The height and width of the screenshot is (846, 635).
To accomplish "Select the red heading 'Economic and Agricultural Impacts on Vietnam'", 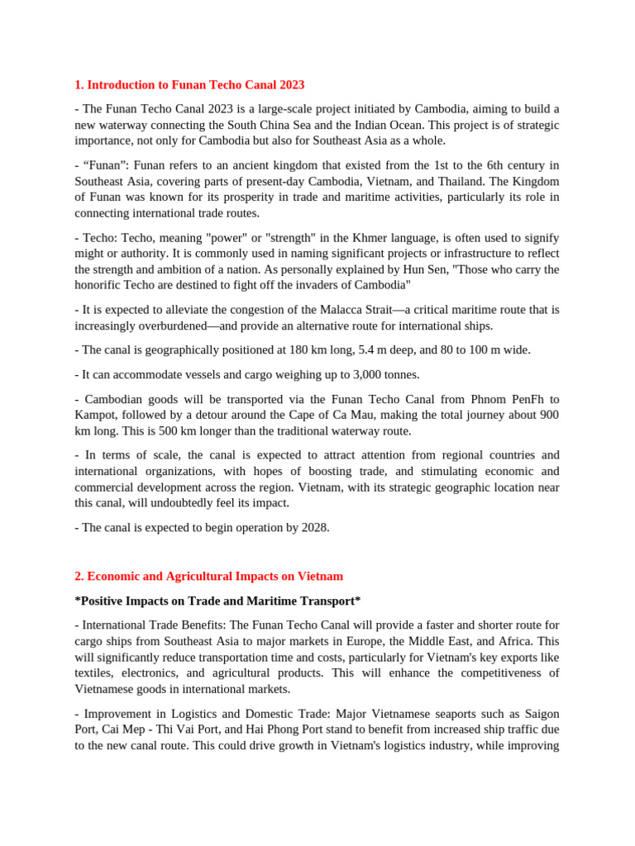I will coord(214,577).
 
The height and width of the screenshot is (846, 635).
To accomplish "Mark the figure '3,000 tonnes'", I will coord(383,374).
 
